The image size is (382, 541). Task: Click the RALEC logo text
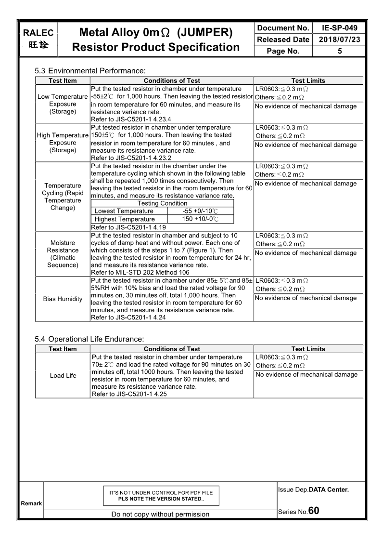click(x=38, y=33)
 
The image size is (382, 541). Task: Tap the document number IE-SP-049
click(x=340, y=28)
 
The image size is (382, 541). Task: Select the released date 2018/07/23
click(x=340, y=40)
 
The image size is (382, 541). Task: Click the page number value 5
click(x=340, y=51)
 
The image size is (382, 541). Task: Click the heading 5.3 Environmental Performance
click(x=90, y=71)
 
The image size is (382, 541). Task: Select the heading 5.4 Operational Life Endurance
click(x=89, y=339)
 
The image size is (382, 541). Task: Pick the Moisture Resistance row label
click(x=63, y=254)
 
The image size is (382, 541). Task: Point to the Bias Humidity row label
click(x=63, y=299)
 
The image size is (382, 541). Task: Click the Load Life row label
click(x=63, y=375)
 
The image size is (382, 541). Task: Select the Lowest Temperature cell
click(x=124, y=211)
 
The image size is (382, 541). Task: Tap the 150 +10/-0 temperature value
click(x=201, y=219)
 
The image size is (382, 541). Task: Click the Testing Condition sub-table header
click(x=162, y=203)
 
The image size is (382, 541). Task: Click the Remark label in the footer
click(x=31, y=503)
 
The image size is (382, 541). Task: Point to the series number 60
click(x=314, y=511)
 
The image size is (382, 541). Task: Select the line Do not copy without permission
click(x=160, y=514)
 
